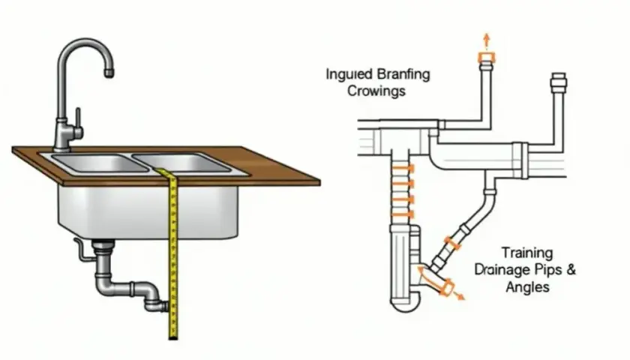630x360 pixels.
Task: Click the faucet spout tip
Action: click(109, 73)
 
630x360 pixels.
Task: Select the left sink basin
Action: click(100, 163)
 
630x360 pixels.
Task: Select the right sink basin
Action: click(181, 162)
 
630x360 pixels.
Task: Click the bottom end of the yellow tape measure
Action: click(173, 337)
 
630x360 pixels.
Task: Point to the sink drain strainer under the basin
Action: click(103, 244)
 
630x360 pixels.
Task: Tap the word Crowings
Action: click(376, 91)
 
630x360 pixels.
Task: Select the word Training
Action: click(527, 253)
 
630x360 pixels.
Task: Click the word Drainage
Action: click(502, 269)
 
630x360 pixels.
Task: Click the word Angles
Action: click(527, 286)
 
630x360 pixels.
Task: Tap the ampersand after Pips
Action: click(571, 268)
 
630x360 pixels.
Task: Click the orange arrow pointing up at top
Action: click(487, 41)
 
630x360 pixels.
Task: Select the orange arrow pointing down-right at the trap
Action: click(459, 296)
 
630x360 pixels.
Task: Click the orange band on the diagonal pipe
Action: click(452, 244)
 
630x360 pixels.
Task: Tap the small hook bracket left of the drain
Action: click(81, 250)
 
